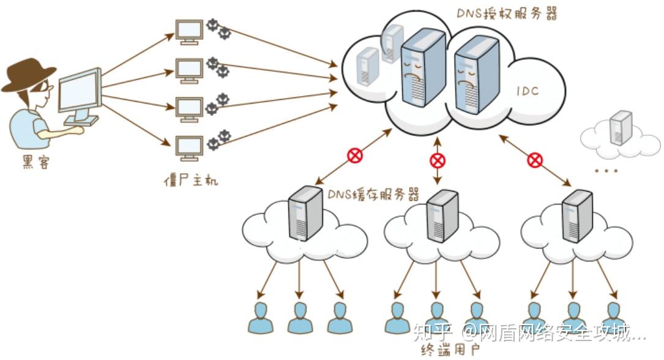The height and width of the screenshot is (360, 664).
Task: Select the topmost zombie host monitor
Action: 189,31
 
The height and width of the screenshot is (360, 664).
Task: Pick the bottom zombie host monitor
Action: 189,148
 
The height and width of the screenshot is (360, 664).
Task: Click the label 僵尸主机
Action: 191,180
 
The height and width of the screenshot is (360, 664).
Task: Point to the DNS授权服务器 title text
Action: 508,14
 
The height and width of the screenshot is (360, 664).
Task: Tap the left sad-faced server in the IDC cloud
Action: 422,67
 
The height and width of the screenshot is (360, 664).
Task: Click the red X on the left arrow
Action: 355,156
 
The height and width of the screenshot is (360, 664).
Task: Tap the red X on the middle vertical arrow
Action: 438,161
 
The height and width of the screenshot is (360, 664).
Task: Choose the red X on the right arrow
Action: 535,160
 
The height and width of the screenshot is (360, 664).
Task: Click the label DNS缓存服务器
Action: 373,195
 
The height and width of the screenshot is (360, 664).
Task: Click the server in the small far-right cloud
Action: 621,127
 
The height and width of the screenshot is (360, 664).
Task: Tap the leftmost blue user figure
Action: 261,317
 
